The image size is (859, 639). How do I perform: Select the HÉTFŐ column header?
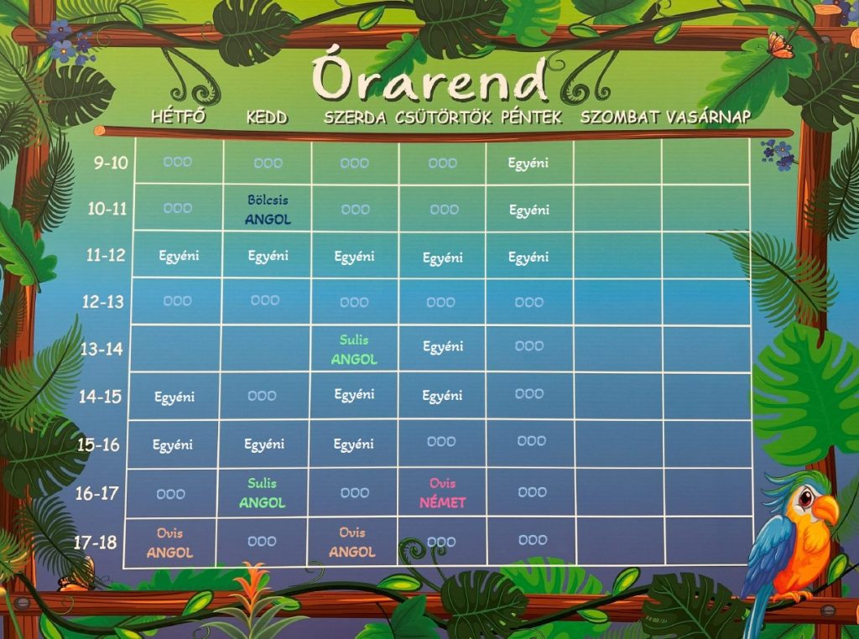point(179,116)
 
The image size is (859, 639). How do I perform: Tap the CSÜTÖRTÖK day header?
point(443,117)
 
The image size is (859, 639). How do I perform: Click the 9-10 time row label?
point(111,163)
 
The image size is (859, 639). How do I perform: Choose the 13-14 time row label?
point(102,349)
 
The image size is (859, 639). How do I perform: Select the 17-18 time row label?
point(96,542)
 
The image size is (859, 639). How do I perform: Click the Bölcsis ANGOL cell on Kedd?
point(268,210)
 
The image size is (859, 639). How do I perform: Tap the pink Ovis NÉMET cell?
point(443,493)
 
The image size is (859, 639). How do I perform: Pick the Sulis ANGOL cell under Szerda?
point(354,350)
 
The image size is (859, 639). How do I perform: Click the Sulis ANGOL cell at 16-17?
point(262,493)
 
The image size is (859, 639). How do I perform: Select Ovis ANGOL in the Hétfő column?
point(169,543)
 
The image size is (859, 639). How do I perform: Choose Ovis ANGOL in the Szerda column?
point(352,542)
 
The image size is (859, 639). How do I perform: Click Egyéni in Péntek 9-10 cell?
point(528,164)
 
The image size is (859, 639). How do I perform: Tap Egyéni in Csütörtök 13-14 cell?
point(443,346)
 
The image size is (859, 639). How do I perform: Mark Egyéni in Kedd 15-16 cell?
point(264,444)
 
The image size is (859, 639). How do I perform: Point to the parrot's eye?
point(805,498)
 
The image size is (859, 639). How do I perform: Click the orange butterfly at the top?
point(780,45)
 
